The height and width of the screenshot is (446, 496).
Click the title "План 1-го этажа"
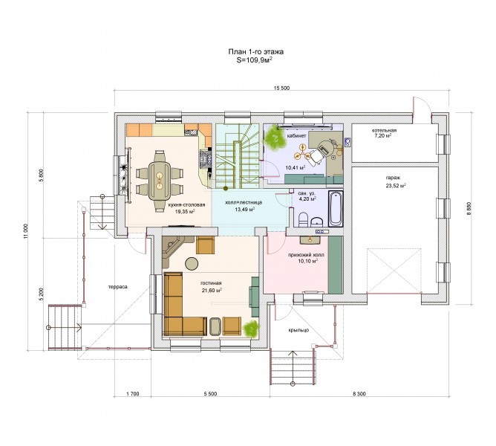[x=256, y=51]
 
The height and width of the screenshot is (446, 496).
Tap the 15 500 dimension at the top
[x=281, y=88]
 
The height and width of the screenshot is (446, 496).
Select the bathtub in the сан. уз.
[x=336, y=208]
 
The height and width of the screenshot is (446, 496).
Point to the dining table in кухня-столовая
[x=160, y=181]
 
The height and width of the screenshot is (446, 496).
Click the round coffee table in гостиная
[x=192, y=263]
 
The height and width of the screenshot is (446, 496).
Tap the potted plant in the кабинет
[x=275, y=138]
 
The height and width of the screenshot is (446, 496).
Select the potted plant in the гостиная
[x=251, y=328]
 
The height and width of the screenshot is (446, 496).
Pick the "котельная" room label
[x=384, y=130]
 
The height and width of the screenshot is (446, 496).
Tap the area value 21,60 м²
[x=212, y=290]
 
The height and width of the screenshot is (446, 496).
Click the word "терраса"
[x=117, y=287]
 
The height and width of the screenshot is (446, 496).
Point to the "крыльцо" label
[x=298, y=330]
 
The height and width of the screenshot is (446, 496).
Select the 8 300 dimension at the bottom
[x=359, y=394]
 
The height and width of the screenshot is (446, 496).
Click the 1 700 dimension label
[x=133, y=394]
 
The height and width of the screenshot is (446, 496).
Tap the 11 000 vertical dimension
[x=26, y=232]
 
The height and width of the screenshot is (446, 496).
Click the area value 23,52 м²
[x=396, y=186]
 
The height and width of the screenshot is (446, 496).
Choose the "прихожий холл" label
[x=306, y=255]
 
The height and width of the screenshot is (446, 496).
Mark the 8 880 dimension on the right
[x=469, y=209]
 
